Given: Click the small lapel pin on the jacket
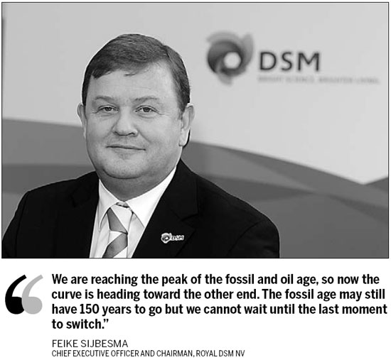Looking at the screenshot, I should point(173,236).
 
